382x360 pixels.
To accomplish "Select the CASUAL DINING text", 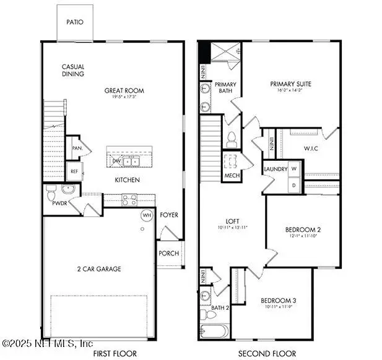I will [x=73, y=71].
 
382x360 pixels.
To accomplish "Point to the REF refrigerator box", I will [x=74, y=171].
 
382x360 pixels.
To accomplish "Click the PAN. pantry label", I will [x=77, y=148].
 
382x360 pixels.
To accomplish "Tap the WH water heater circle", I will [x=147, y=215].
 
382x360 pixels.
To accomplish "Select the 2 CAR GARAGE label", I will [x=100, y=268].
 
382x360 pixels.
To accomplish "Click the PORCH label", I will [x=169, y=254].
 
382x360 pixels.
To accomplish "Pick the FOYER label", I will [x=169, y=215].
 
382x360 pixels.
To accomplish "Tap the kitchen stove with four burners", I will [x=129, y=200].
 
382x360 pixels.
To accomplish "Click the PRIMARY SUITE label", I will [x=290, y=84].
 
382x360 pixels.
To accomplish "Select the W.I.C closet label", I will [x=310, y=148].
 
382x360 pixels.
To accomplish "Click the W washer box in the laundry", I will [x=294, y=169].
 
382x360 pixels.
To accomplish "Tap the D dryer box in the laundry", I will [x=294, y=184].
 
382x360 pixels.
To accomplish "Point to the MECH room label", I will [x=231, y=176].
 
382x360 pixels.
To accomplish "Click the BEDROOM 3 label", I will [x=278, y=301].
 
